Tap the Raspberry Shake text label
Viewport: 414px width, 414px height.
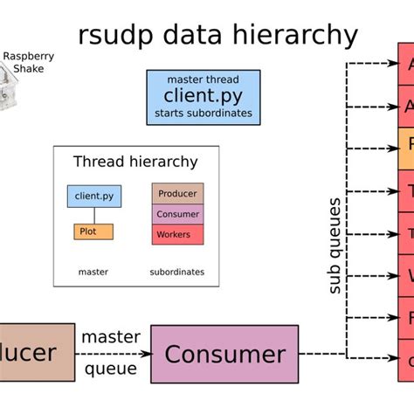pos(28,62)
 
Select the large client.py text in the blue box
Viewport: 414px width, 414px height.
pos(203,96)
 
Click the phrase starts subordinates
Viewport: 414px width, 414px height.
pos(203,114)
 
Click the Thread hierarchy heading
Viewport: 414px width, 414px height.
pos(135,162)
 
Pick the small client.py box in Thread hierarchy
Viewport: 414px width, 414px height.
pos(94,196)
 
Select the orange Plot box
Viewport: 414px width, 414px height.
pos(93,231)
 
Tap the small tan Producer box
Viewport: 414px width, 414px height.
pos(177,193)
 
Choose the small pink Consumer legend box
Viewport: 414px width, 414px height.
pos(177,214)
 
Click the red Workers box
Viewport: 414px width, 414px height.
pos(177,234)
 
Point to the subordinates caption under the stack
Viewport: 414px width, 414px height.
pos(177,272)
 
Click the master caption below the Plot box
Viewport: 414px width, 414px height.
pos(93,272)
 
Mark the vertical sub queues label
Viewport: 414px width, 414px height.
pos(334,245)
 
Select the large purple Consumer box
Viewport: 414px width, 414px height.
pos(224,354)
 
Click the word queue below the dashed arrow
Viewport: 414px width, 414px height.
pos(111,369)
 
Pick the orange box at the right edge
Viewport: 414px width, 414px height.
pos(406,149)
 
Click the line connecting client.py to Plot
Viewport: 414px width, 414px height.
pos(94,216)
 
